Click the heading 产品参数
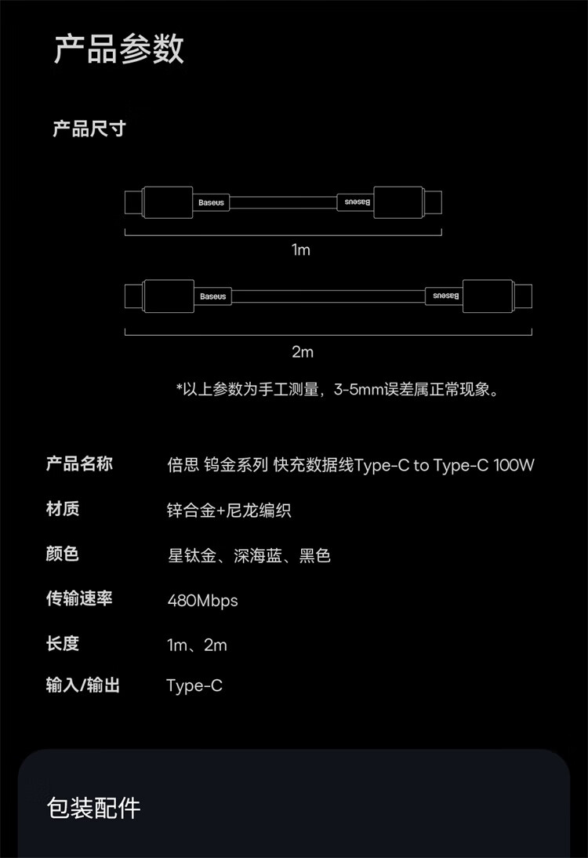(118, 49)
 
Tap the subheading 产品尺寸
(89, 129)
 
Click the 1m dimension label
(301, 250)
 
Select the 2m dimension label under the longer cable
(303, 352)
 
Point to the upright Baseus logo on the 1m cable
(211, 202)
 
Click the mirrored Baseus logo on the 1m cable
(355, 202)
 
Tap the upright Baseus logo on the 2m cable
(212, 296)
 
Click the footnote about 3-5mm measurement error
(337, 389)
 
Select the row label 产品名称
(79, 464)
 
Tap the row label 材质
(63, 510)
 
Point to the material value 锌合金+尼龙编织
(229, 511)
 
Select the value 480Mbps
(202, 601)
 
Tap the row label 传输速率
(79, 599)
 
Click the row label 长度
(63, 645)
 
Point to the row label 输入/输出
(83, 685)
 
